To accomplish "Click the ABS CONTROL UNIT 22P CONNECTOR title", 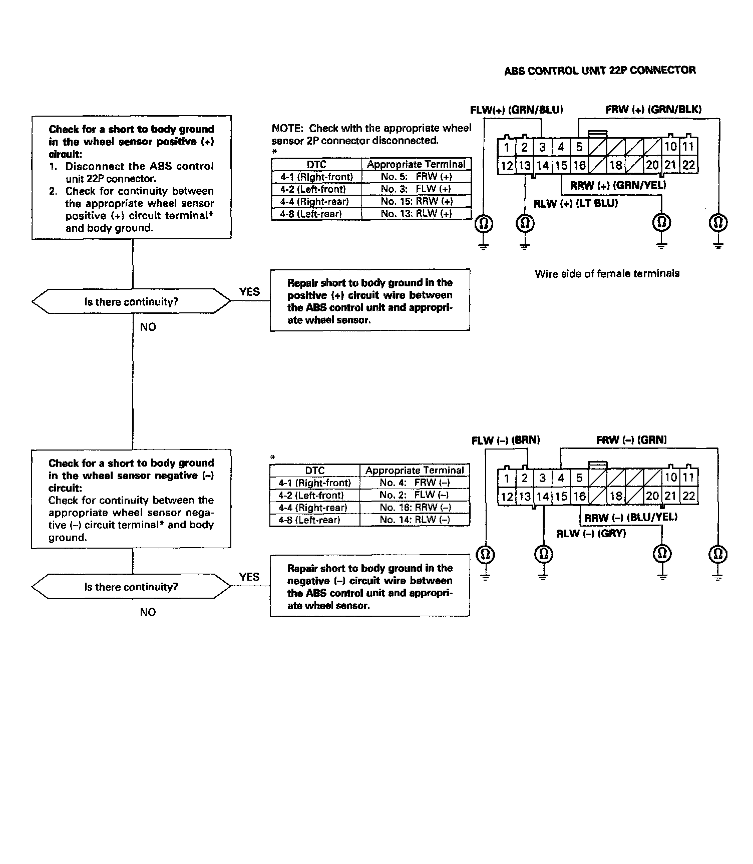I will click(599, 71).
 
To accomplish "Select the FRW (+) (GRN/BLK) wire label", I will click(653, 110).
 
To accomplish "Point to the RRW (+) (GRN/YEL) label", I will click(618, 185).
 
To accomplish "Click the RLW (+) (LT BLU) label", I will click(575, 203).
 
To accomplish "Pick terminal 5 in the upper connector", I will click(579, 147).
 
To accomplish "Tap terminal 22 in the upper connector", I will click(688, 165).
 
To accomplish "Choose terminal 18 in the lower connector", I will click(615, 496).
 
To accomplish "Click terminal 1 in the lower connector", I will click(507, 479).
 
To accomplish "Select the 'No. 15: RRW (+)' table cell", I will click(416, 201).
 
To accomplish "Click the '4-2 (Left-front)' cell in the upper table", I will click(316, 189).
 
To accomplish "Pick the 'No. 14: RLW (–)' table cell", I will click(415, 520).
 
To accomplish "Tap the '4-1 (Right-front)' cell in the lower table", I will click(314, 483).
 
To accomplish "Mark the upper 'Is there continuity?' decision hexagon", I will click(131, 302).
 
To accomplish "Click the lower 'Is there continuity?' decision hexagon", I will click(131, 587).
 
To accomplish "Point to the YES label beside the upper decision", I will click(249, 292).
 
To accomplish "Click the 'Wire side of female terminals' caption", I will click(607, 273).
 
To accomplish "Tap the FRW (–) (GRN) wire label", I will click(631, 441).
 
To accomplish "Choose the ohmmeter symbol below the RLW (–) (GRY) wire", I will click(544, 554).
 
